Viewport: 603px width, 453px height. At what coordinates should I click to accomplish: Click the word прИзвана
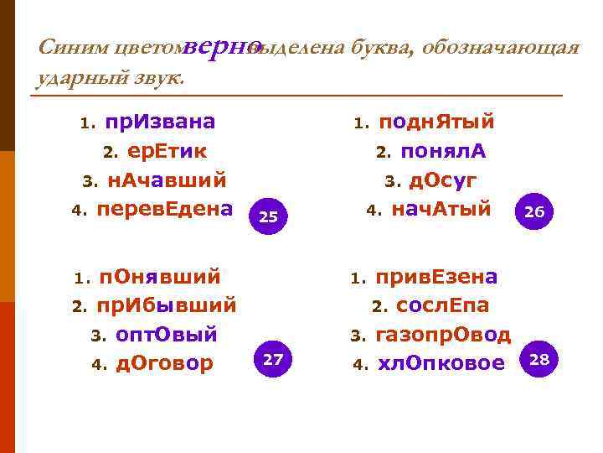tap(160, 122)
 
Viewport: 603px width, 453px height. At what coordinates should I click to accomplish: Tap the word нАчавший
tap(167, 180)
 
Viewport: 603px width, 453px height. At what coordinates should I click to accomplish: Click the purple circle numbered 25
tap(269, 216)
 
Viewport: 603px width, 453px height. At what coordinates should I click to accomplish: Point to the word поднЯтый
tap(435, 122)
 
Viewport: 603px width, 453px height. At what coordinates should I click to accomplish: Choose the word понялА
tap(444, 152)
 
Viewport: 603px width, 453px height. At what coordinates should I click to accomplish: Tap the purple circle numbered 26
tap(534, 213)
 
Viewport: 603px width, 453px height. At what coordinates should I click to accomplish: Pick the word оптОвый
tap(167, 335)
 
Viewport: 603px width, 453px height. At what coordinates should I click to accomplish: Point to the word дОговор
tap(165, 363)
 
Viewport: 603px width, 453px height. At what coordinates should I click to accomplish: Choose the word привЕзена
tap(436, 277)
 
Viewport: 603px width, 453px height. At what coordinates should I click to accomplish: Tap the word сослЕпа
tap(443, 305)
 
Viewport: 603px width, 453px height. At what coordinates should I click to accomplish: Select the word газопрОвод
tap(443, 335)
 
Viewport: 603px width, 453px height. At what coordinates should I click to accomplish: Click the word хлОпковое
tap(441, 363)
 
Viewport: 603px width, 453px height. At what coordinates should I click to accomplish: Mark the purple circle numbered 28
tap(540, 360)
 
